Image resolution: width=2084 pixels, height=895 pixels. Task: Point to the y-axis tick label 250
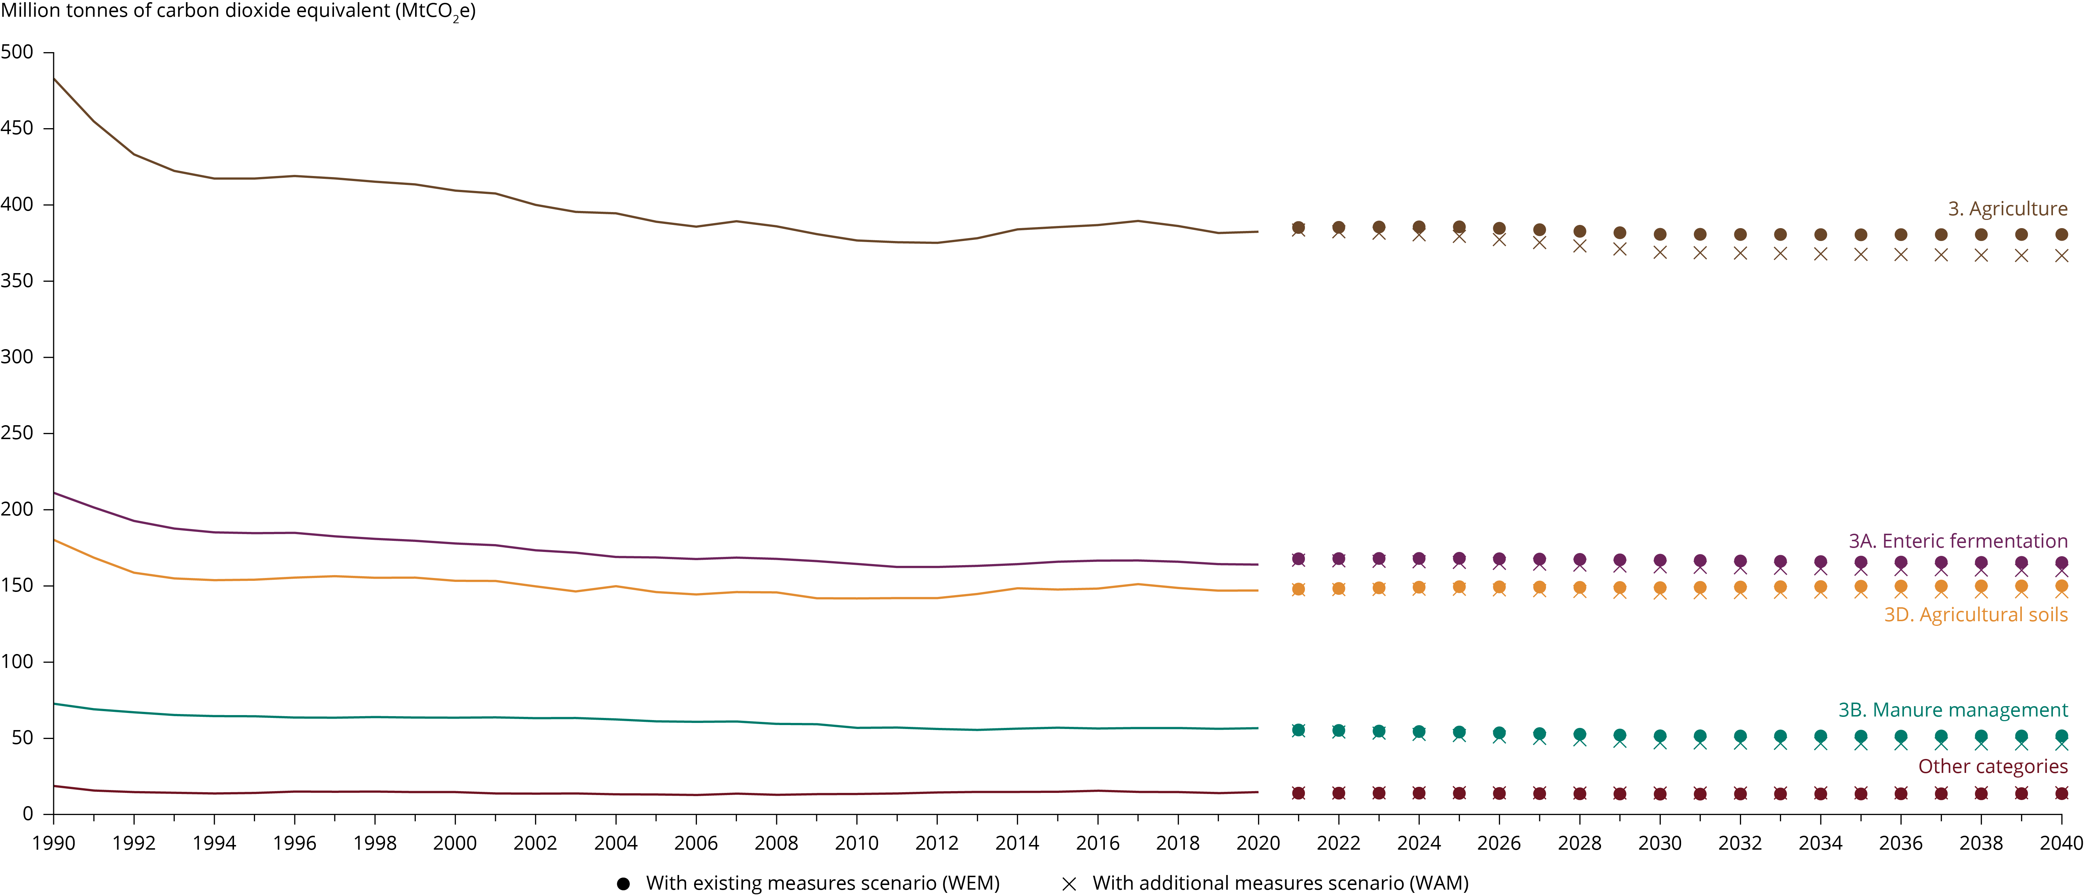tap(17, 433)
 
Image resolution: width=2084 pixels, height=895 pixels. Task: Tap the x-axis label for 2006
tap(696, 843)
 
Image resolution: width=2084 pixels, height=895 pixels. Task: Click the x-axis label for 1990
tap(53, 843)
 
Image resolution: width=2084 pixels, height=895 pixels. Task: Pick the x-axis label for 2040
tap(2061, 843)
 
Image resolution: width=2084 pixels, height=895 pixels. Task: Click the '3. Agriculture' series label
tap(2007, 208)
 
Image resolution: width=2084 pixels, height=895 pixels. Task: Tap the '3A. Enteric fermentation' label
tap(1958, 541)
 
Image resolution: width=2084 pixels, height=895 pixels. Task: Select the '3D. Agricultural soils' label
tap(1976, 614)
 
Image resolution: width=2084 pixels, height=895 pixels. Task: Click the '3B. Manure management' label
tap(1953, 710)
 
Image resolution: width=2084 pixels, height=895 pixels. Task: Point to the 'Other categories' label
tap(1993, 766)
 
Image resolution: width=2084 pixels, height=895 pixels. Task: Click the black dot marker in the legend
tap(623, 884)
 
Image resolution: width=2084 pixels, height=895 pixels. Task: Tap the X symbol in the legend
tap(1069, 884)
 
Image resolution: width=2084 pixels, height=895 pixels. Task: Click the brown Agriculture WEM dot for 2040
tap(2061, 235)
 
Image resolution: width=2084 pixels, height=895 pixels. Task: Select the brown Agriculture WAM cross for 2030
tap(1660, 252)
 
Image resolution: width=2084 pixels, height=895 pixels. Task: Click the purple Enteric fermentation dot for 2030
tap(1660, 560)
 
